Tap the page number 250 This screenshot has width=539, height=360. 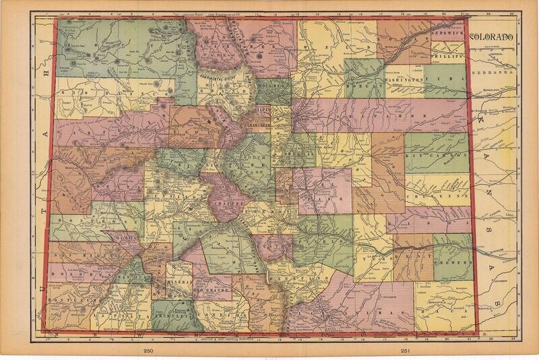(149, 351)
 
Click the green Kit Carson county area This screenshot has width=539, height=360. (435, 154)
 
